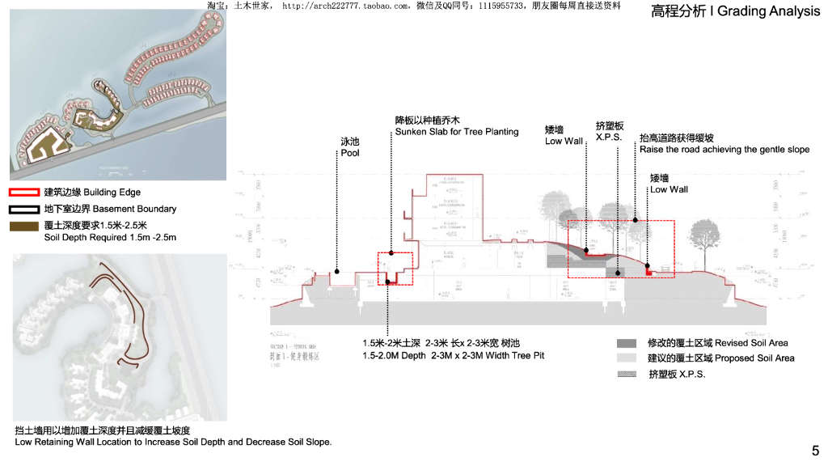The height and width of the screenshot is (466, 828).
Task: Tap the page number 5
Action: [x=815, y=451]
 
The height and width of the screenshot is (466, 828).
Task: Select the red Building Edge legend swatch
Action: [x=23, y=193]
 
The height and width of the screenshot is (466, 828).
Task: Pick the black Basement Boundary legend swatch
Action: [x=23, y=209]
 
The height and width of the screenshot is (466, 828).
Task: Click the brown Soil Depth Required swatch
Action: [x=23, y=226]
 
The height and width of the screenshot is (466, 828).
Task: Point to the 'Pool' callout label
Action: [x=349, y=153]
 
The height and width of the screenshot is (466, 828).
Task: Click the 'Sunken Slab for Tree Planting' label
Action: [x=456, y=132]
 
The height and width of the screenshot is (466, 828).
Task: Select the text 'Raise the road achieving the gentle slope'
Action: [x=724, y=150]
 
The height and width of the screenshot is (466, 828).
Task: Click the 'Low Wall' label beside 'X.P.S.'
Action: [x=564, y=141]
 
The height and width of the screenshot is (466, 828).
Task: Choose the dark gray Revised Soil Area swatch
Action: [x=626, y=343]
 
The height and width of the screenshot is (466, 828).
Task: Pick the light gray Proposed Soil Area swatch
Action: [x=626, y=358]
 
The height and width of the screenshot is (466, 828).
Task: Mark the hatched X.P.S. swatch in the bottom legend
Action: [x=626, y=374]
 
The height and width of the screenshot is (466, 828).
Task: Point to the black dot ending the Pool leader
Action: [x=336, y=272]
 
